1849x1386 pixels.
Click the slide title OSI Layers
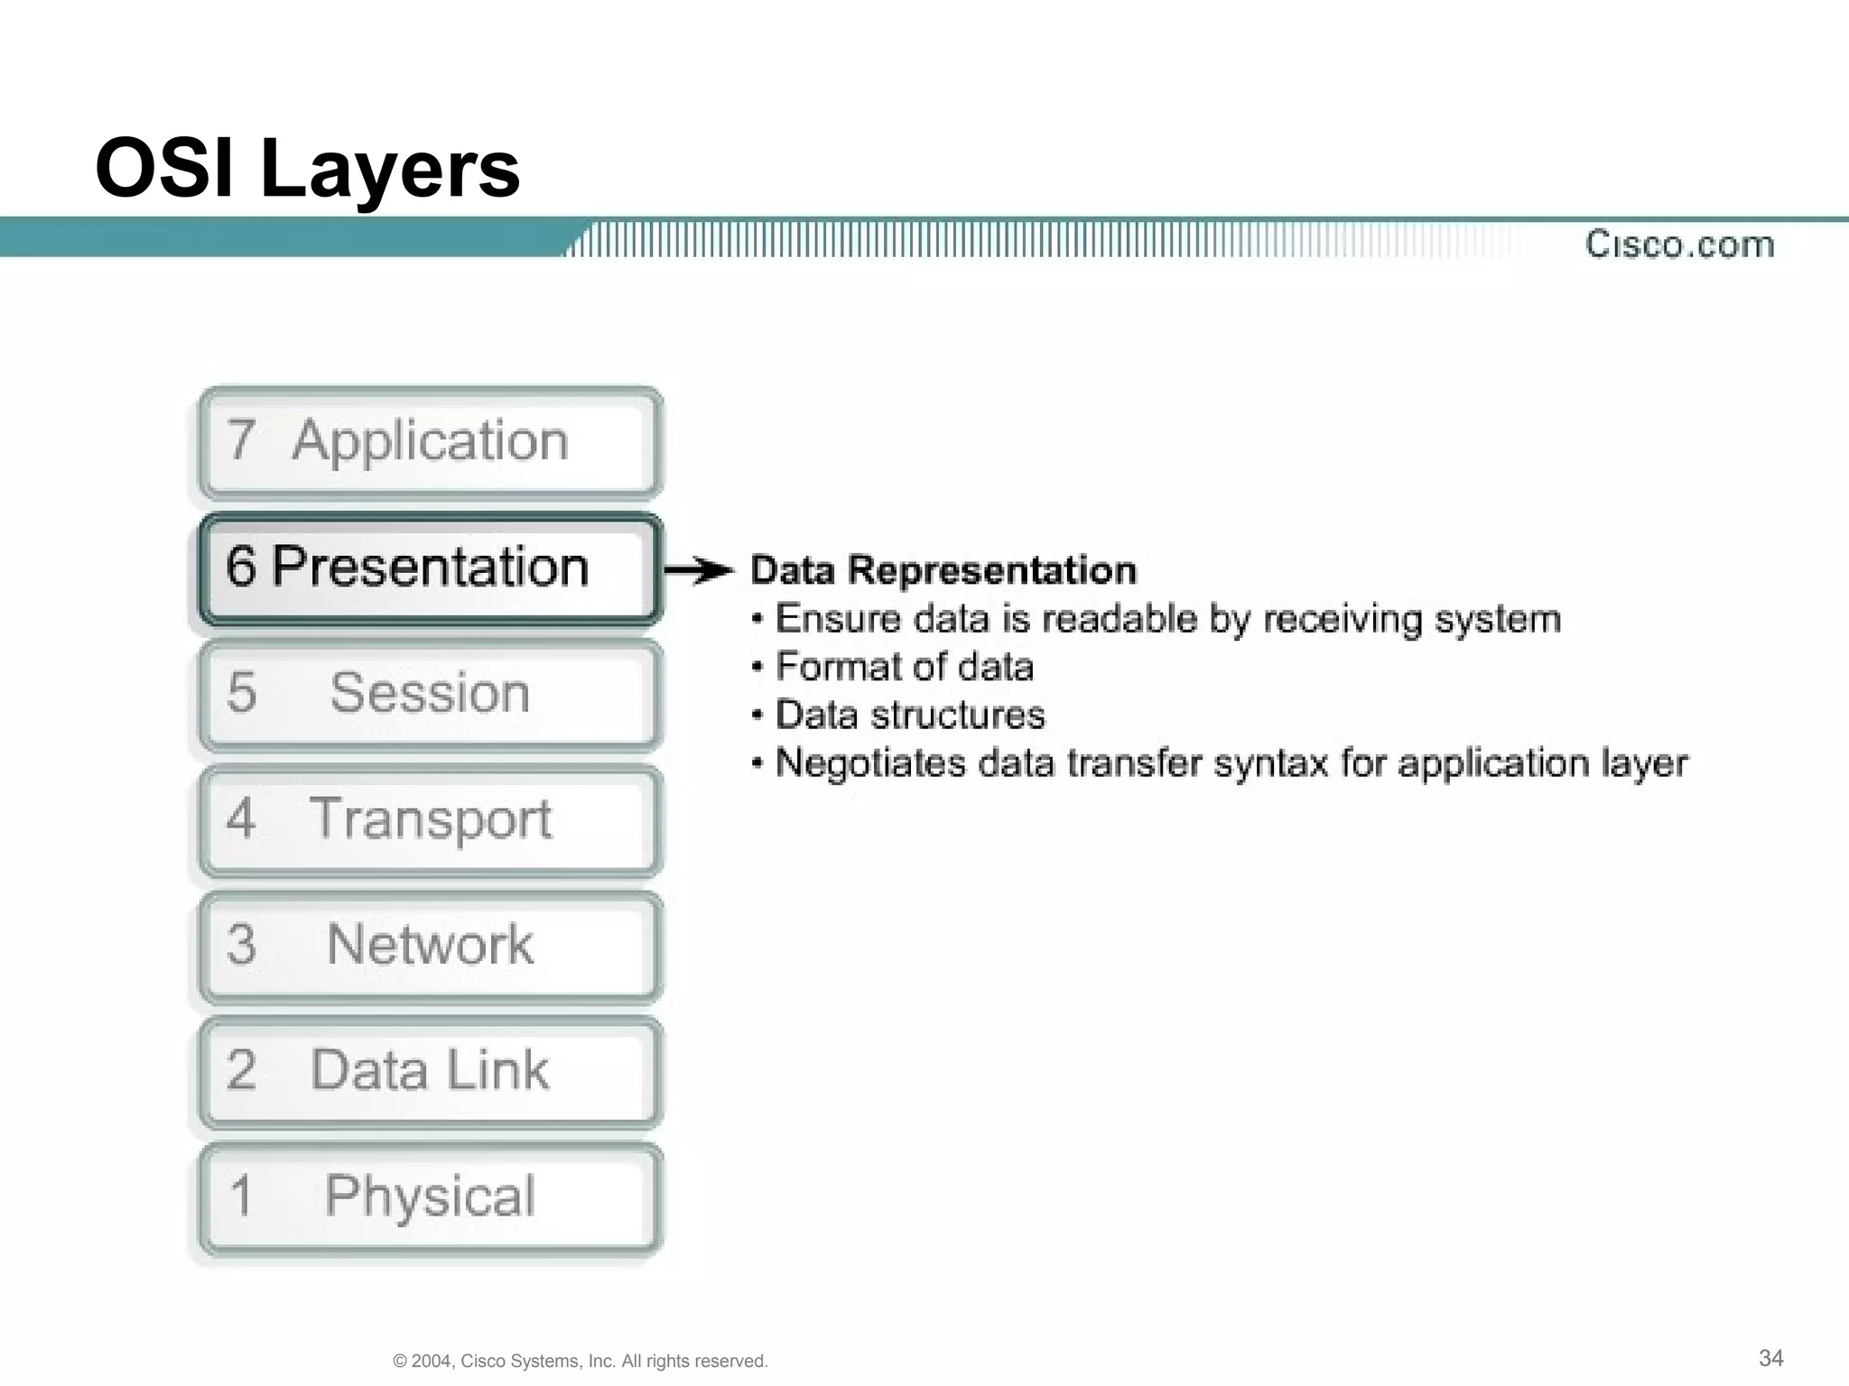click(x=307, y=169)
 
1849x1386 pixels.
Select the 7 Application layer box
click(x=431, y=442)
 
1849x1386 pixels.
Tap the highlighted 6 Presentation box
click(x=431, y=568)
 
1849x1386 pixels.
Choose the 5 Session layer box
click(x=431, y=694)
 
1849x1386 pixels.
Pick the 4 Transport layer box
click(x=431, y=819)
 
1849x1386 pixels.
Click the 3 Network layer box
click(x=431, y=946)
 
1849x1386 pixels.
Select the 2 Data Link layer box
click(x=431, y=1071)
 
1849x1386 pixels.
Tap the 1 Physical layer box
click(x=431, y=1197)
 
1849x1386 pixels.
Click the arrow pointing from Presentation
click(x=699, y=570)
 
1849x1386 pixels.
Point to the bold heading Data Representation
click(x=943, y=570)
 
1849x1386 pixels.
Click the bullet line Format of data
click(x=904, y=667)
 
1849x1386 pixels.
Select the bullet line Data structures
click(x=909, y=715)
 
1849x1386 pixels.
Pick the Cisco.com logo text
click(x=1679, y=245)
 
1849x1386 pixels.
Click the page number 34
click(x=1770, y=1358)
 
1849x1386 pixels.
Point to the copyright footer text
click(x=581, y=1361)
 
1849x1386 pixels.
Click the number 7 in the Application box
click(x=240, y=440)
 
